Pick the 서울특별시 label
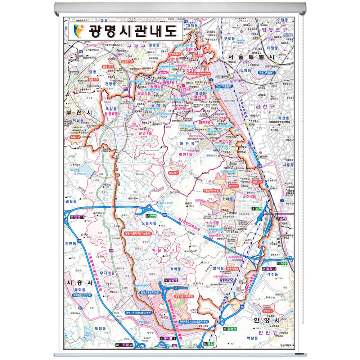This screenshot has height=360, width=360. click(251, 58)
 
